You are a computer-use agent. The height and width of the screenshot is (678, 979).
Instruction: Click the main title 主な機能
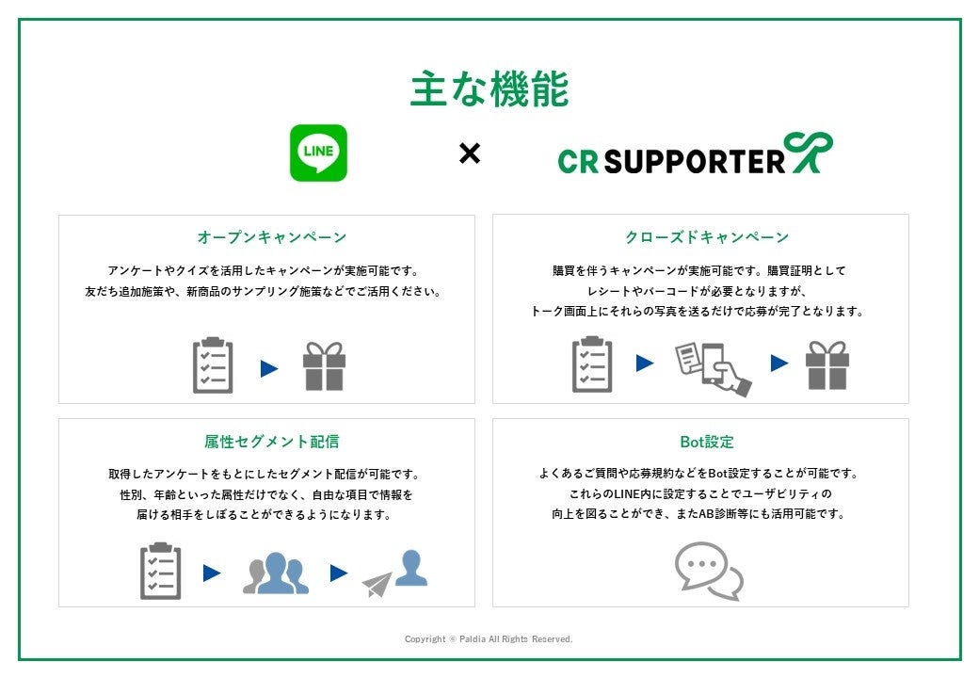coord(489,90)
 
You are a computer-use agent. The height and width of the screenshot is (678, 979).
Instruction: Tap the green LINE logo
coord(318,153)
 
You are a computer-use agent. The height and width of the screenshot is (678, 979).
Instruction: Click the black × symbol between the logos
coord(469,153)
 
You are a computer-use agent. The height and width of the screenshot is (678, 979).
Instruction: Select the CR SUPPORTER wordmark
coord(671,161)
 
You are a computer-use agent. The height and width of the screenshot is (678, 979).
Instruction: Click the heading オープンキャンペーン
coord(272,237)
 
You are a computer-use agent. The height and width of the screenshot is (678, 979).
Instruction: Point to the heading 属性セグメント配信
coord(272,441)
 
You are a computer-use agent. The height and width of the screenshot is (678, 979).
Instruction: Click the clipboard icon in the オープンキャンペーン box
coord(213,365)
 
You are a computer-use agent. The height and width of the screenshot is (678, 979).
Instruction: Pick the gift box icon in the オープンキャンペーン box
coord(324,366)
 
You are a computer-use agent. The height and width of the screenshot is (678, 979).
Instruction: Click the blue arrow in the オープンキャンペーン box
coord(269,368)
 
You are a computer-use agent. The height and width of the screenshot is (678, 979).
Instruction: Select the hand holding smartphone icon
coord(713,368)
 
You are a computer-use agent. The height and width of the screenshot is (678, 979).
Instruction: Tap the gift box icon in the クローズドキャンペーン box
coord(827,365)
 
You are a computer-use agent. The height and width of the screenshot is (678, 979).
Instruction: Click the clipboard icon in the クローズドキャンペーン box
coord(592,364)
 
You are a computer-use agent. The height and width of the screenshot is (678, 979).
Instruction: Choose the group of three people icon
coord(276,573)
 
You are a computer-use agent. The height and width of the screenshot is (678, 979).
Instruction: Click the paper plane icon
coord(377,584)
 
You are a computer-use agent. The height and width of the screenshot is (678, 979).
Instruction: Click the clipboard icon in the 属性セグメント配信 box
coord(160,571)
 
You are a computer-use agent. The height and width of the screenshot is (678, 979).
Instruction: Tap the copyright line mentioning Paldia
coord(489,639)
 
